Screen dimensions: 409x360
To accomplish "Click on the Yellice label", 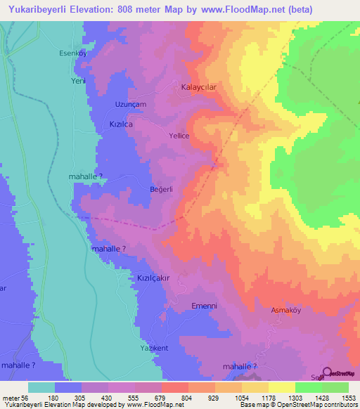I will [180, 136].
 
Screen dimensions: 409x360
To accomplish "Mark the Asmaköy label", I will [286, 309].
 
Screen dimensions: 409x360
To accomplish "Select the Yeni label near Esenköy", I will [77, 81].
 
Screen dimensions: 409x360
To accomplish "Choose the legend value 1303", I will [282, 398].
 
